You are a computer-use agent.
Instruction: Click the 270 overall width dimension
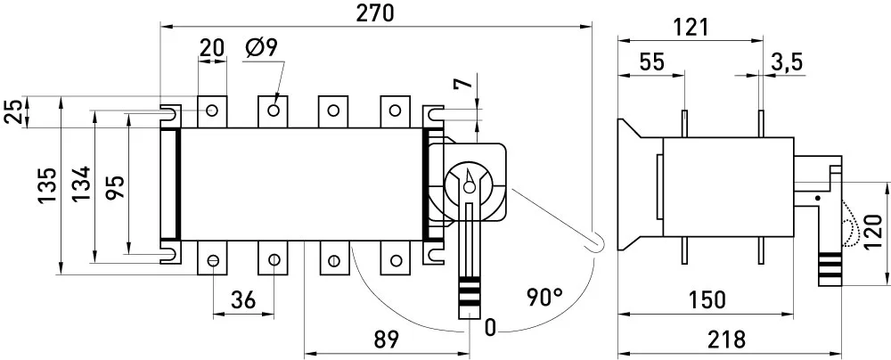coord(375,13)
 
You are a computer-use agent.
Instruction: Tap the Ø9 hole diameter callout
coord(261,48)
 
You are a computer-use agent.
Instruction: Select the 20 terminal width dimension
coord(212,48)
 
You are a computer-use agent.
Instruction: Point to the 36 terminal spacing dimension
coord(243,299)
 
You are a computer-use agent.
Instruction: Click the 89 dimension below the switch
coord(387,340)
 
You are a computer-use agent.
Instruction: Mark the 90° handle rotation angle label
coord(544,298)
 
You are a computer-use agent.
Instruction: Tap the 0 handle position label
coord(490,328)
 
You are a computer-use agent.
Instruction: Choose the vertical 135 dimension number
coord(48,185)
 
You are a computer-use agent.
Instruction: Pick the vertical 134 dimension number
coord(81,184)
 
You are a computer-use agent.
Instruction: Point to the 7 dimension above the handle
coord(464,83)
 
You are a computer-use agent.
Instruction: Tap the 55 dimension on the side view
coord(651,62)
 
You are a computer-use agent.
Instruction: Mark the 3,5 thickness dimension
coord(787,62)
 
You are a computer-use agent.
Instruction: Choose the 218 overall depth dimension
coord(726,340)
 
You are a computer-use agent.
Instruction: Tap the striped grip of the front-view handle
coord(470,290)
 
